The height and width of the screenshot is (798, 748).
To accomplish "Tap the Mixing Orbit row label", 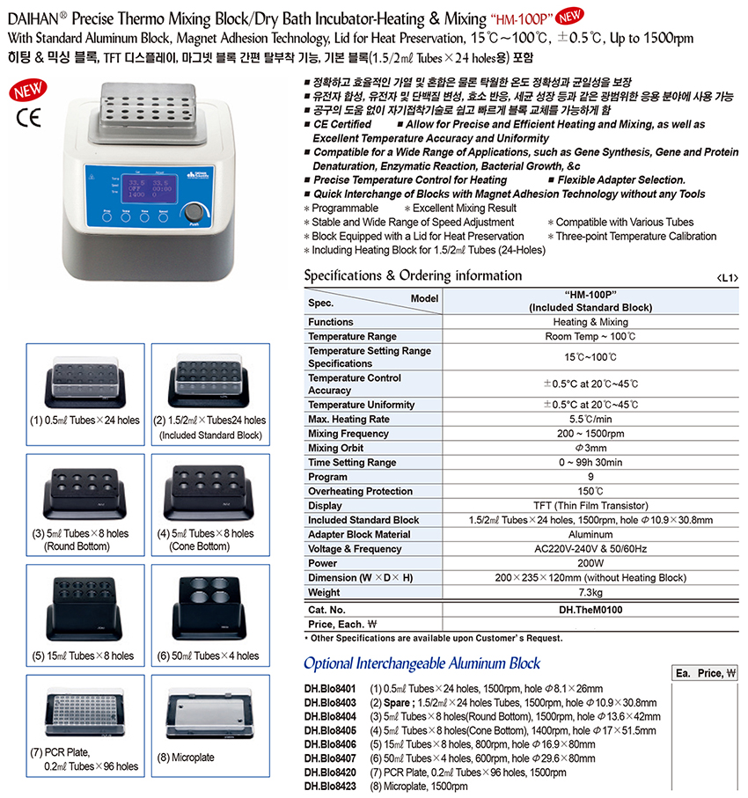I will pyautogui.click(x=337, y=448).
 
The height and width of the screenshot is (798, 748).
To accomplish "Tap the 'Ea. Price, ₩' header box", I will pyautogui.click(x=704, y=673).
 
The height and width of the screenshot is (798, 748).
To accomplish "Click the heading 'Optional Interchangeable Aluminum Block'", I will pyautogui.click(x=422, y=663).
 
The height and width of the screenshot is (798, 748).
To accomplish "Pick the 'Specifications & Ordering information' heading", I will pyautogui.click(x=413, y=276).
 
